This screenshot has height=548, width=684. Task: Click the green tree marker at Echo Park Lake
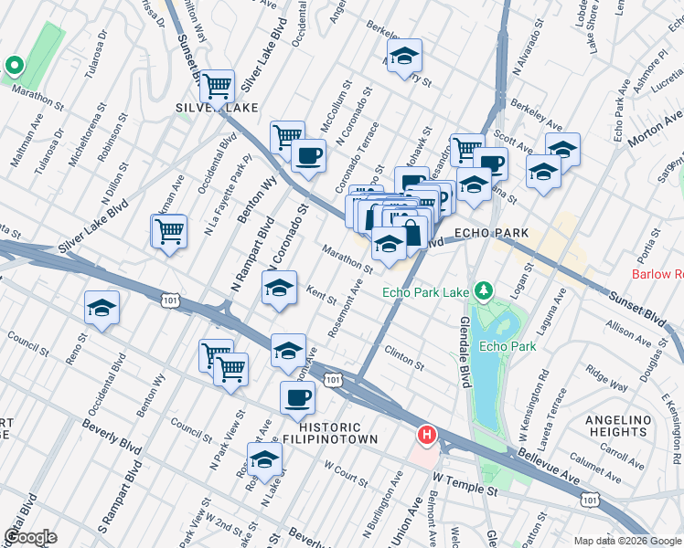[x=484, y=292]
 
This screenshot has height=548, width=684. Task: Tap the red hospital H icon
[x=425, y=435]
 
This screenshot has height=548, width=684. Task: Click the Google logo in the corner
[x=30, y=537]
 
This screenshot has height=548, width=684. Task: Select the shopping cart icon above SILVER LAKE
[x=217, y=87]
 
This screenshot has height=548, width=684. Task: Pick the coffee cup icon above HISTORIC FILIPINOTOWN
[x=299, y=398]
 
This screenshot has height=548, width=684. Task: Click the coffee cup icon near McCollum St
[x=309, y=153]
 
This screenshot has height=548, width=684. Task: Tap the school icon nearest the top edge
[x=403, y=57]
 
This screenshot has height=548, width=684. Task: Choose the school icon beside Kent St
[x=279, y=289]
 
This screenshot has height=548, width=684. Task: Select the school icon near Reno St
[x=102, y=308]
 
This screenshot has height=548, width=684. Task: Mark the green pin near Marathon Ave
[x=13, y=66]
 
